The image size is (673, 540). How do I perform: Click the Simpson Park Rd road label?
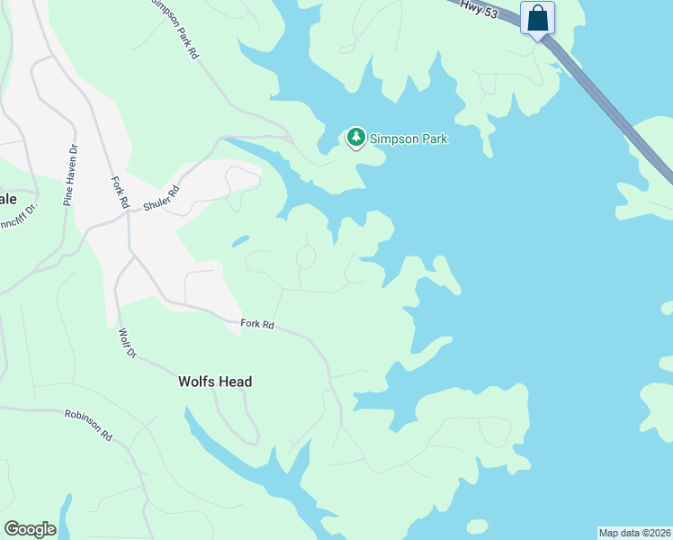[x=175, y=28]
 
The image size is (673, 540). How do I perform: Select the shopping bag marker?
[x=537, y=19]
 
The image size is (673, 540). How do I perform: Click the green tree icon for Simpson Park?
[x=356, y=138]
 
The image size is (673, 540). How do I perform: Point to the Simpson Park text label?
[x=408, y=139]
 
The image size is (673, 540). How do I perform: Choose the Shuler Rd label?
[x=162, y=199]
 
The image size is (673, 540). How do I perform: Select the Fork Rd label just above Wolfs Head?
[x=257, y=324]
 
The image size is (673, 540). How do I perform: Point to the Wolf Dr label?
[x=127, y=344]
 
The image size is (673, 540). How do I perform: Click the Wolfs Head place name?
[x=215, y=382]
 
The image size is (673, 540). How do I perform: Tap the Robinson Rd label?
[x=87, y=424]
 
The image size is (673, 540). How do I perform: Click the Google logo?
[x=30, y=529]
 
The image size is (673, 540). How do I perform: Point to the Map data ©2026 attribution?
[x=634, y=532]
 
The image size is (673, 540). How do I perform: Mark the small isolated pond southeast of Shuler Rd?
[x=239, y=241]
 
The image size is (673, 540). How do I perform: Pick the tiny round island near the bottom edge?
[x=477, y=526]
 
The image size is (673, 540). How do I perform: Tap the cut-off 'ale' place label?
[x=8, y=198]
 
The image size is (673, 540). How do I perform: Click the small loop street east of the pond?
[x=306, y=258]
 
